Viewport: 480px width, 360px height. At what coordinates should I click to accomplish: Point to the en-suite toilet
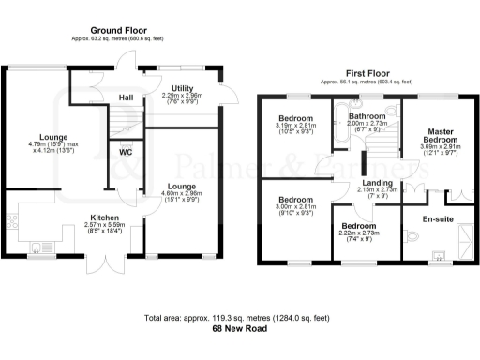[x=412, y=233]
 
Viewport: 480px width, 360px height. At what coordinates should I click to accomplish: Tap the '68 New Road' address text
[x=240, y=330]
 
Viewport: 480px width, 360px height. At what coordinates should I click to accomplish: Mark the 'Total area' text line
[x=240, y=318]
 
